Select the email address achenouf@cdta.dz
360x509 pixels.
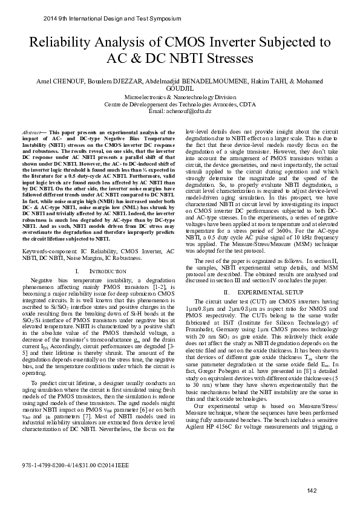tap(189, 112)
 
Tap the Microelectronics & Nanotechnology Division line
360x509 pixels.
tap(180, 97)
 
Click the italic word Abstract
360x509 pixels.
tap(31, 132)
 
